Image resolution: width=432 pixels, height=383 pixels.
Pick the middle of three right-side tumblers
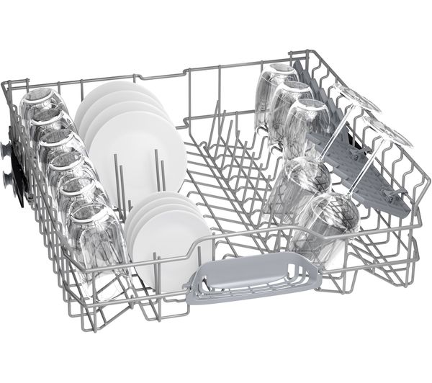pos(288,108)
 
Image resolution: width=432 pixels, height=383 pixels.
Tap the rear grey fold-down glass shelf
pos(317,108)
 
